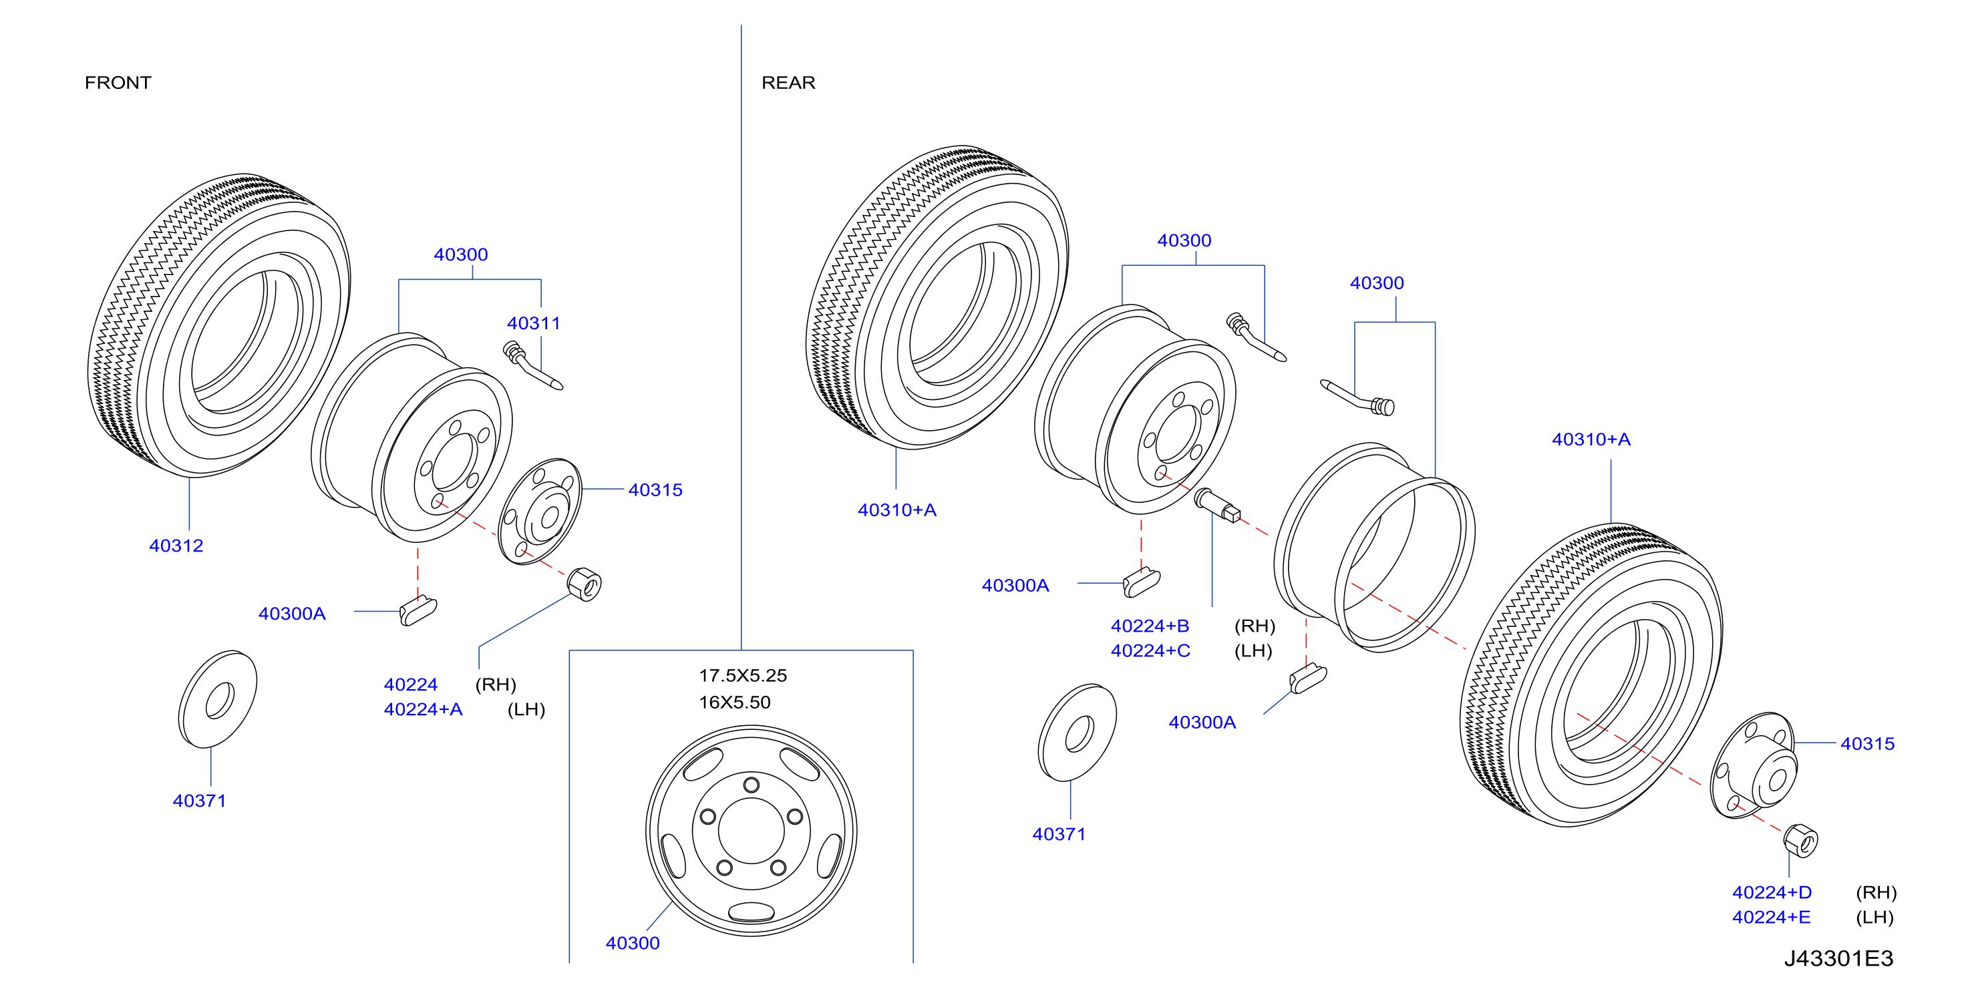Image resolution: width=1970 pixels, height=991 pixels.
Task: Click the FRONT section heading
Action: (118, 83)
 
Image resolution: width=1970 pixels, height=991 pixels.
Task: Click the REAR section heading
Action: (788, 83)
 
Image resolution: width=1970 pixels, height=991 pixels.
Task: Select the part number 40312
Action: (176, 546)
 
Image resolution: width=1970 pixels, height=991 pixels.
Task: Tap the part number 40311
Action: (534, 323)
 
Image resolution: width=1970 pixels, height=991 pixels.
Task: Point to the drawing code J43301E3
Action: (1838, 959)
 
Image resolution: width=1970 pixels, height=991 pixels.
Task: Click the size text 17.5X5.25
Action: (743, 676)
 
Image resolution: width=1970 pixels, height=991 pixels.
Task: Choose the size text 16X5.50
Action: (734, 703)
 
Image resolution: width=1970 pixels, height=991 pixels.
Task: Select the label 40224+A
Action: (423, 710)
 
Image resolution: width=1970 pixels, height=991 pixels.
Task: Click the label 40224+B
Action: (1150, 626)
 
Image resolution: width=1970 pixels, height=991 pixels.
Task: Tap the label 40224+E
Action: (1771, 918)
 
